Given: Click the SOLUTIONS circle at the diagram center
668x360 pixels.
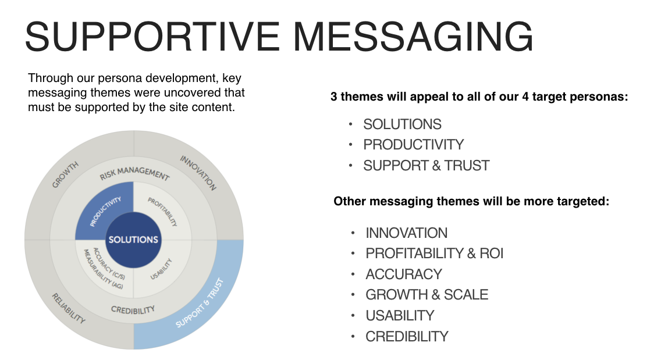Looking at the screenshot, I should click(x=133, y=240).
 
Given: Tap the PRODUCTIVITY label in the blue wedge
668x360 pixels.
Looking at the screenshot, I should click(x=105, y=211).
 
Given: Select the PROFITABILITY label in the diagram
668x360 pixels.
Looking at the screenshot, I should click(x=162, y=212).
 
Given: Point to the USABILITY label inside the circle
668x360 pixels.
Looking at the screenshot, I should click(x=161, y=269).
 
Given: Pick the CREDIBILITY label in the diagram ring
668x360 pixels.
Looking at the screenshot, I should click(x=133, y=310).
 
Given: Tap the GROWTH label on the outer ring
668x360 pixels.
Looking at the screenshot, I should click(x=65, y=174).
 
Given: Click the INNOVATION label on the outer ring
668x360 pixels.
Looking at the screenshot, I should click(x=198, y=173).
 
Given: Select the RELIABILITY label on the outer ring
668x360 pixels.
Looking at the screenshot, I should click(x=68, y=308).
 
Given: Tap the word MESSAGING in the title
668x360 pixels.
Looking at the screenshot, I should click(x=413, y=37).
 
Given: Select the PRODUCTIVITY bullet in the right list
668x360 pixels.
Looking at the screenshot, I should click(x=413, y=144).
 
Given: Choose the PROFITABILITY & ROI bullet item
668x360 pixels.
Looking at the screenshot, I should click(x=434, y=254).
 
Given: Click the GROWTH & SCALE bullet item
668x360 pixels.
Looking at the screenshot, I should click(x=427, y=295).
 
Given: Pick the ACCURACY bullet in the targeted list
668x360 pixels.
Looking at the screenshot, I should click(x=403, y=274).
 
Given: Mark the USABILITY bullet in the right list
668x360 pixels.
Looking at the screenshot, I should click(x=400, y=315).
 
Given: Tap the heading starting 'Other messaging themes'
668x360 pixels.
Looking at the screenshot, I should click(x=471, y=202).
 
